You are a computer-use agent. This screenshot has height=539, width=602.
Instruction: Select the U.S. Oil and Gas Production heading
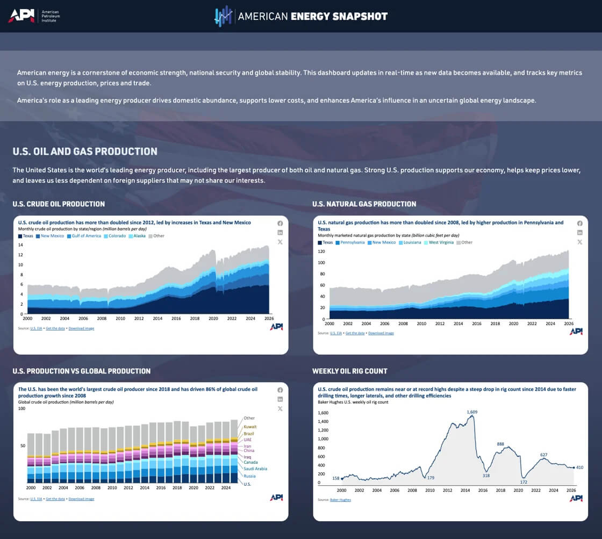click(x=85, y=152)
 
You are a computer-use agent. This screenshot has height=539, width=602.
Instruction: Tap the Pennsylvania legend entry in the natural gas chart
click(x=352, y=242)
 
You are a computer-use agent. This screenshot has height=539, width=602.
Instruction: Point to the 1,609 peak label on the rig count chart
click(x=472, y=412)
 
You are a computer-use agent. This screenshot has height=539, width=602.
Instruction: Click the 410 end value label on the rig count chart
click(x=580, y=467)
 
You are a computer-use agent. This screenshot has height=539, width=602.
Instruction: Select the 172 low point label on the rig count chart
click(x=524, y=481)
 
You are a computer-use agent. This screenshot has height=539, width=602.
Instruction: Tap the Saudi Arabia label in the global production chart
click(x=255, y=469)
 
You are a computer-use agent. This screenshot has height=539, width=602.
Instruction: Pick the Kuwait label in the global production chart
click(x=250, y=427)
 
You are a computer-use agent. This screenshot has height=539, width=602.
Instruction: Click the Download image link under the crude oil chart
click(x=81, y=328)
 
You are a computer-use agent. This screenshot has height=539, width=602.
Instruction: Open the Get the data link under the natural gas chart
click(x=355, y=333)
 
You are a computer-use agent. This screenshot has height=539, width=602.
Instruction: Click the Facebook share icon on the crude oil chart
click(x=280, y=223)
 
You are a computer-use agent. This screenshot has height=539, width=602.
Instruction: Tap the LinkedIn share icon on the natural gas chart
click(x=579, y=233)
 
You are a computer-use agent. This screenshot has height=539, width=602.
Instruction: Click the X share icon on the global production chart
click(x=280, y=408)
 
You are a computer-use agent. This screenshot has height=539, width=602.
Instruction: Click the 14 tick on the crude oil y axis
click(x=20, y=245)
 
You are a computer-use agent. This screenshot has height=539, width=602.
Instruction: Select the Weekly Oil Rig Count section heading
click(x=349, y=371)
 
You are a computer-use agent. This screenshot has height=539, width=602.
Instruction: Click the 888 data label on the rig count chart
click(x=500, y=444)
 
